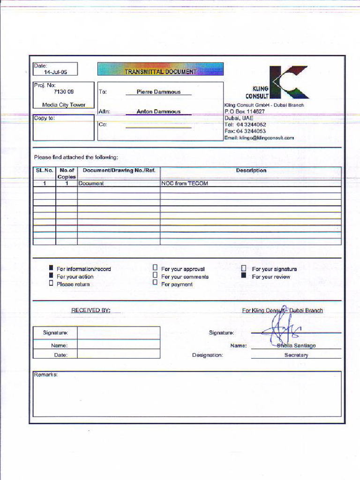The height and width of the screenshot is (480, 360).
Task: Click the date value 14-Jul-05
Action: pos(56,72)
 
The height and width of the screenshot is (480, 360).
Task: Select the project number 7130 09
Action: pos(64,92)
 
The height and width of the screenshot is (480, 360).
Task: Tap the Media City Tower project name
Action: pos(64,105)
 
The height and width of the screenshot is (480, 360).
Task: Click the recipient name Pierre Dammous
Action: pos(158,92)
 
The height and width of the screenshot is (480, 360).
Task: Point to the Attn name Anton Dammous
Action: pos(158,112)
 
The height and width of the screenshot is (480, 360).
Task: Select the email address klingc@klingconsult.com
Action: pos(259,138)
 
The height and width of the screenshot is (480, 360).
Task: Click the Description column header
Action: pos(251,171)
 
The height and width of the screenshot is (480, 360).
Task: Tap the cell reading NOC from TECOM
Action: pos(185,184)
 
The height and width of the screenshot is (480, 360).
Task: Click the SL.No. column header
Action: pos(45,171)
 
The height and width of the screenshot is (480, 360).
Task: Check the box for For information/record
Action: pos(51,268)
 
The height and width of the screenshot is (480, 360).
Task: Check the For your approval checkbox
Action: pos(155,268)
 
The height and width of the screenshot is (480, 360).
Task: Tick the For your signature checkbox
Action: pos(244,269)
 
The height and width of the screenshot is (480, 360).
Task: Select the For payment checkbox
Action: pos(155,283)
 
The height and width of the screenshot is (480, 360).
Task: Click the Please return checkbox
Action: pos(51,283)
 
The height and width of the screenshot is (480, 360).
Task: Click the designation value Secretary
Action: pos(296,355)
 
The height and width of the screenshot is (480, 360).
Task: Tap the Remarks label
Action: pos(45,375)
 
